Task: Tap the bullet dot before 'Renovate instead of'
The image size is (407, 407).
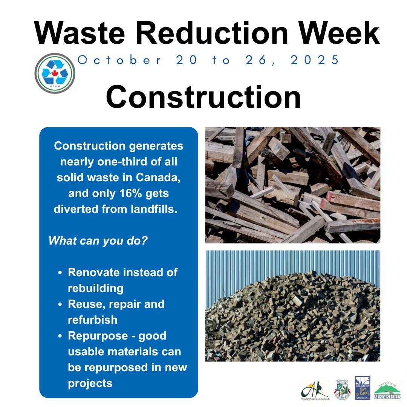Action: click(x=60, y=273)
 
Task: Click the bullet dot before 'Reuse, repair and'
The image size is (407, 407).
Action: click(x=60, y=304)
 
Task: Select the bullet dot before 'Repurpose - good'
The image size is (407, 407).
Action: click(x=60, y=336)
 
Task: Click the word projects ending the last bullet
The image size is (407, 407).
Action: click(x=90, y=383)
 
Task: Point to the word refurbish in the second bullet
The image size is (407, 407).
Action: click(x=93, y=320)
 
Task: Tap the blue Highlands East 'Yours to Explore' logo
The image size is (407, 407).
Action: click(x=363, y=388)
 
